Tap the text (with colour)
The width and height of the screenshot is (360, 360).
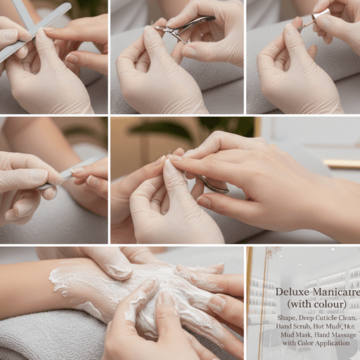click(316, 304)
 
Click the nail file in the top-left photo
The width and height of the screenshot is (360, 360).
click(35, 32)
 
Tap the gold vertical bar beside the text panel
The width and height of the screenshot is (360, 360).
click(249, 302)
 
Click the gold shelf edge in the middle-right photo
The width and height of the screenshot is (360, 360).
click(341, 164)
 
